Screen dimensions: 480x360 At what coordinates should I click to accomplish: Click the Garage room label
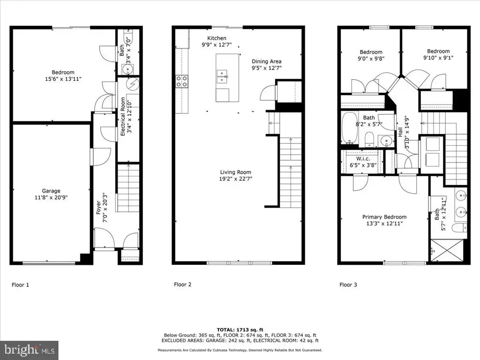click(x=51, y=191)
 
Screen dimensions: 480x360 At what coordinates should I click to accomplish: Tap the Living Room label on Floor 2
click(x=235, y=172)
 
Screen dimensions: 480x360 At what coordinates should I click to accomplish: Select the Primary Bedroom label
click(x=384, y=217)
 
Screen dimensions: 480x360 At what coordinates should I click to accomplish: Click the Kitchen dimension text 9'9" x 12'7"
click(x=217, y=45)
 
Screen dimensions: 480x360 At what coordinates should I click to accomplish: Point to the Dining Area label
click(x=267, y=61)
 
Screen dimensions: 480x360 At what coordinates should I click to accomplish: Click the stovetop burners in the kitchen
click(x=181, y=82)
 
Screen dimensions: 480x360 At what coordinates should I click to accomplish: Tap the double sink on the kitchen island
click(x=222, y=76)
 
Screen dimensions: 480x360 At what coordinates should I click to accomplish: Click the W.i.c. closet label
click(x=363, y=158)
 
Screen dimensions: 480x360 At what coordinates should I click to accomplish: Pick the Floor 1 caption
click(x=20, y=285)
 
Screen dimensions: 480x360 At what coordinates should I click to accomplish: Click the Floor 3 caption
click(x=348, y=285)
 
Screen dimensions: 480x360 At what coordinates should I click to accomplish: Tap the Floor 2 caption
click(x=182, y=285)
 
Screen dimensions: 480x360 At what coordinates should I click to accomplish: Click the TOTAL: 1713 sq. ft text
click(x=240, y=330)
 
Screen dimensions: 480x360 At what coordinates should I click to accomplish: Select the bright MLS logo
click(x=29, y=350)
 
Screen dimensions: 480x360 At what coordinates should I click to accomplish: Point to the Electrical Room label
click(x=123, y=116)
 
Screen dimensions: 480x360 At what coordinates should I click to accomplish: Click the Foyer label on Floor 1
click(x=98, y=207)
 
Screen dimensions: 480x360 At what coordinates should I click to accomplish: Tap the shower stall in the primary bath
click(x=447, y=250)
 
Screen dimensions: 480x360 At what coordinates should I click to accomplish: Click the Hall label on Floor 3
click(x=400, y=132)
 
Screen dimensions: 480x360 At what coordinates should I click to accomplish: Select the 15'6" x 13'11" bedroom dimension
click(x=63, y=79)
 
